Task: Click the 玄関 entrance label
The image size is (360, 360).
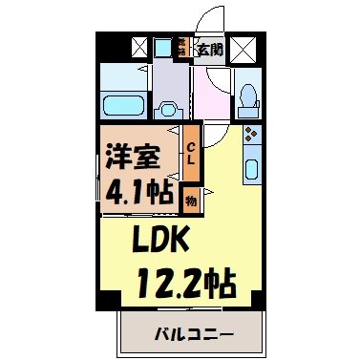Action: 211,49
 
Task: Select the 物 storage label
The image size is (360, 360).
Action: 191,201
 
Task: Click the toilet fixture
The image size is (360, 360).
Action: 247,95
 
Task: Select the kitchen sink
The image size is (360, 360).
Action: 251,171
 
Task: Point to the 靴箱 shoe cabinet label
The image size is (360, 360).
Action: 180,48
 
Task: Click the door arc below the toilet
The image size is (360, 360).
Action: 222,132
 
